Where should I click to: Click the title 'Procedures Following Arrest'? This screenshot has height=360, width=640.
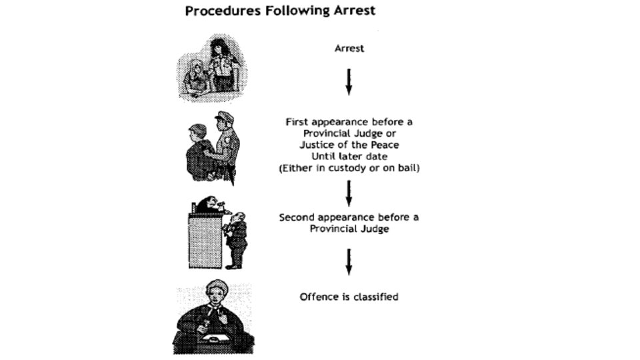[x=281, y=11]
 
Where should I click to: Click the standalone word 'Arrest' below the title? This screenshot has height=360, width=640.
[x=349, y=49]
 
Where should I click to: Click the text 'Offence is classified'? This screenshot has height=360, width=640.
[x=349, y=297]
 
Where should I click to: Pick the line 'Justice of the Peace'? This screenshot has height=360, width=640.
[x=349, y=145]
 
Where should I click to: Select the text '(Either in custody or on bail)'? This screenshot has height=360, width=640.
[x=349, y=168]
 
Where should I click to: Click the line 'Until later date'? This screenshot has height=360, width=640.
[x=349, y=157]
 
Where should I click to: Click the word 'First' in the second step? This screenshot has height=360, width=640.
[x=297, y=122]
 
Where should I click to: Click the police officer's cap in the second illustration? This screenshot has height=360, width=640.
[x=224, y=117]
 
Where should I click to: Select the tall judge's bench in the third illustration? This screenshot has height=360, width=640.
[x=205, y=240]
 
